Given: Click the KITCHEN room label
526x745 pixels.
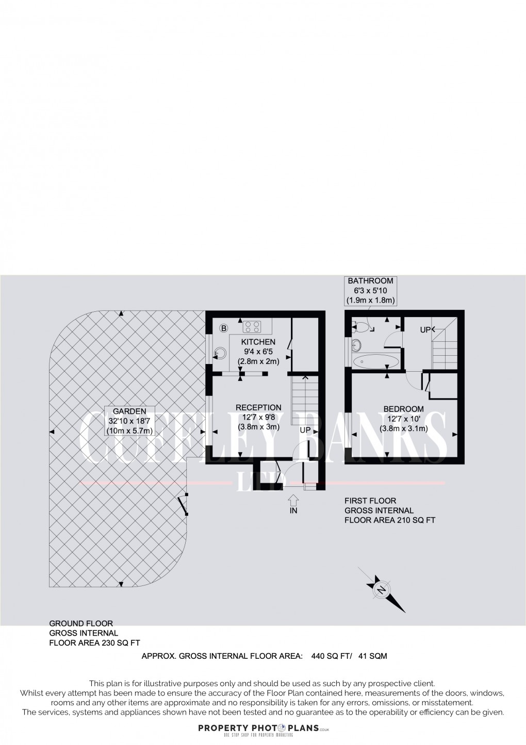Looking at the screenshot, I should [x=258, y=342].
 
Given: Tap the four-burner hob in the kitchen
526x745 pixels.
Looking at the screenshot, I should [x=252, y=326].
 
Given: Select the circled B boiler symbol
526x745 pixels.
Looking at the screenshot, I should [x=224, y=328].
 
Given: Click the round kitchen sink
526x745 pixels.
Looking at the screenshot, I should [x=220, y=353].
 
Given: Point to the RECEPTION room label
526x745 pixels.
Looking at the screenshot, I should [x=258, y=407].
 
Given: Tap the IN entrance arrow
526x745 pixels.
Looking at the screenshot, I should [x=293, y=500].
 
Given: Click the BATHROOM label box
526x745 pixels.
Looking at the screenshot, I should [x=370, y=290].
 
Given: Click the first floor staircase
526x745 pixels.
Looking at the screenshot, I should [x=445, y=351].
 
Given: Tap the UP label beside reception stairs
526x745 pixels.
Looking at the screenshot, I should [x=305, y=430].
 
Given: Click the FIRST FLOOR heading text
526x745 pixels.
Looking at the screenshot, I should [x=370, y=501].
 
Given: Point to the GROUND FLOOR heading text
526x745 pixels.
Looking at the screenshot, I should [x=81, y=624].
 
